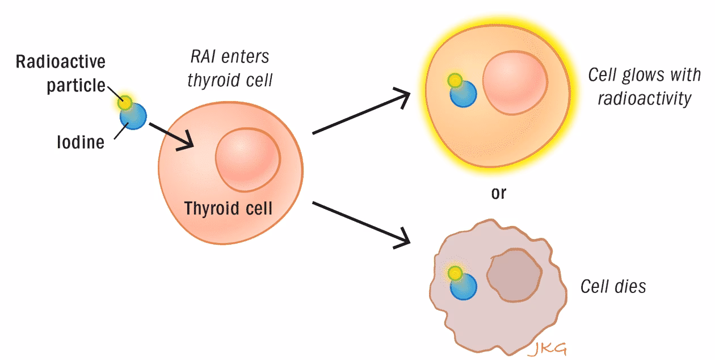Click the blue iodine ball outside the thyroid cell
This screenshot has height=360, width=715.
(x=133, y=116)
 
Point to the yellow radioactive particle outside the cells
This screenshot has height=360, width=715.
(x=125, y=103)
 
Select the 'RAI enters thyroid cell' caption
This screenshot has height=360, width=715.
(x=229, y=68)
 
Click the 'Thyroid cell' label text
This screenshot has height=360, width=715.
(x=228, y=208)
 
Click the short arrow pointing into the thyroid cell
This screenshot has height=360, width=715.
(x=171, y=138)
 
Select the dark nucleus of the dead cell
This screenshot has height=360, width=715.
(x=514, y=277)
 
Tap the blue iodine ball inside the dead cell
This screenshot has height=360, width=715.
(x=464, y=287)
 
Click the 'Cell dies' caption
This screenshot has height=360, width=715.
(x=613, y=286)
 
